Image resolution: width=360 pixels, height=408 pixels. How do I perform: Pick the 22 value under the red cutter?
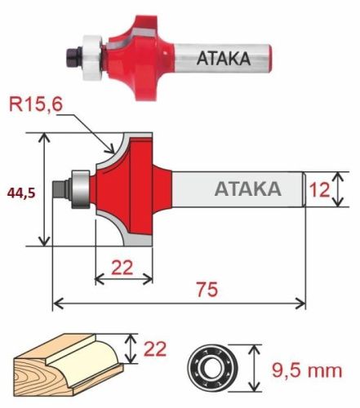coord(123,264)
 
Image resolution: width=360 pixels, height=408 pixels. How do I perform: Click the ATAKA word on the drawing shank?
coord(247,189)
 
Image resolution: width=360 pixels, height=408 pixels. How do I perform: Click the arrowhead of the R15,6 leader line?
coord(113,149)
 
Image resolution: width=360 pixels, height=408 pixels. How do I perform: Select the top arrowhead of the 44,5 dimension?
coord(43,138)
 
